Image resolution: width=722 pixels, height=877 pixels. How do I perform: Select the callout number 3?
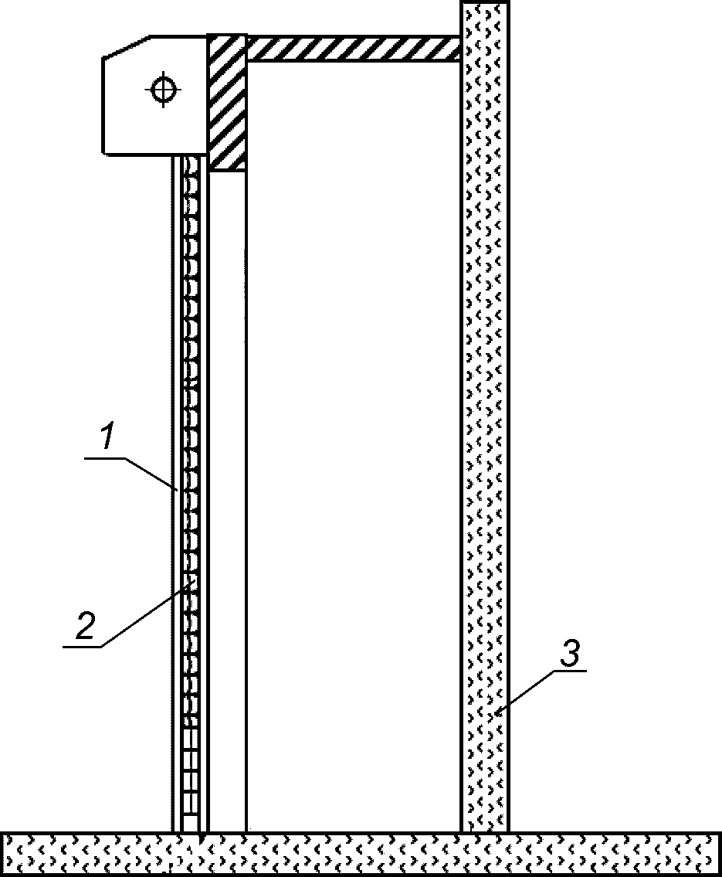point(569,655)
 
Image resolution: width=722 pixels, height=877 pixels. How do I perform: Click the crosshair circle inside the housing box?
point(162,90)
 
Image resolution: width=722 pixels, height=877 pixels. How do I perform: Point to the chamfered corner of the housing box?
point(126,46)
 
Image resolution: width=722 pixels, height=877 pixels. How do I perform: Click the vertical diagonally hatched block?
point(227,101)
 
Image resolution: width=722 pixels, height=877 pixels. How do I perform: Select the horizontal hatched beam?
point(353,48)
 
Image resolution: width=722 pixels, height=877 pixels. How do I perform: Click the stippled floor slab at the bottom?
point(361,853)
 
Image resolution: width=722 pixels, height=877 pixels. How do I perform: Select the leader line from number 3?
point(526,692)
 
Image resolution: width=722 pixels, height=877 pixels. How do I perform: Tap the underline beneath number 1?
point(105,458)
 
